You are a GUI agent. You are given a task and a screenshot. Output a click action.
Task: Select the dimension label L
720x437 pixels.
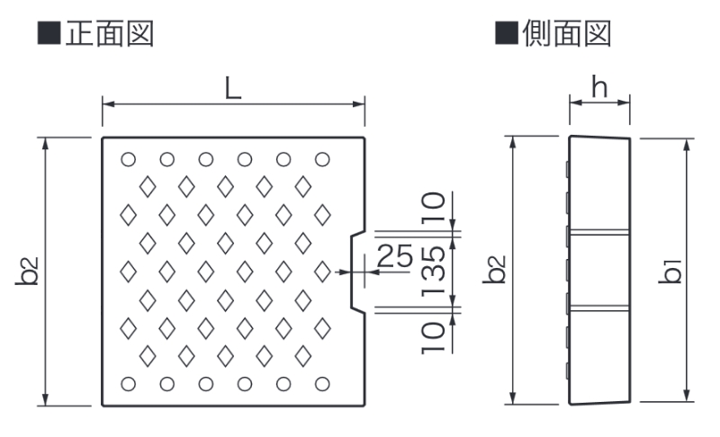click(232, 88)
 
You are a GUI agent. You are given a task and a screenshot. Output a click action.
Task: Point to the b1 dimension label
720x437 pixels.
click(671, 269)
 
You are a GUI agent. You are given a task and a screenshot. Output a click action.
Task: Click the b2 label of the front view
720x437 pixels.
click(27, 271)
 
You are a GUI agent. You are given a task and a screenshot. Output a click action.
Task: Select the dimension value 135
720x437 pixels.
click(434, 272)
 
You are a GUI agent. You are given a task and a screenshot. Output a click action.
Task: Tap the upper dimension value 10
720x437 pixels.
click(434, 210)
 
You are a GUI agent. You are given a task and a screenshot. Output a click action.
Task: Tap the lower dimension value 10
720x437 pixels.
click(434, 335)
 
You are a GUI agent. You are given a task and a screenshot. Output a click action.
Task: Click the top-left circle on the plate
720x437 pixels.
click(128, 159)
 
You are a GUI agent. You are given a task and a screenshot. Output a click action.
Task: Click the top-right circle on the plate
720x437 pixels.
click(322, 159)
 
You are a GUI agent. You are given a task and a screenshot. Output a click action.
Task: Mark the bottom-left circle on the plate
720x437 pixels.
click(128, 384)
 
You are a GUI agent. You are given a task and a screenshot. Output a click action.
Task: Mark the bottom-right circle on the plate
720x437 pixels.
click(322, 384)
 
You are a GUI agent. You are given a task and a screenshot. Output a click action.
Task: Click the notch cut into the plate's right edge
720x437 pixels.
click(357, 272)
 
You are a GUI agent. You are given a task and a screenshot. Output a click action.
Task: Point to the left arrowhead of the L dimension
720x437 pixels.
click(106, 104)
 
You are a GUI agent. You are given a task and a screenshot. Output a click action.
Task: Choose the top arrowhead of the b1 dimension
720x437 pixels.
click(687, 143)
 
